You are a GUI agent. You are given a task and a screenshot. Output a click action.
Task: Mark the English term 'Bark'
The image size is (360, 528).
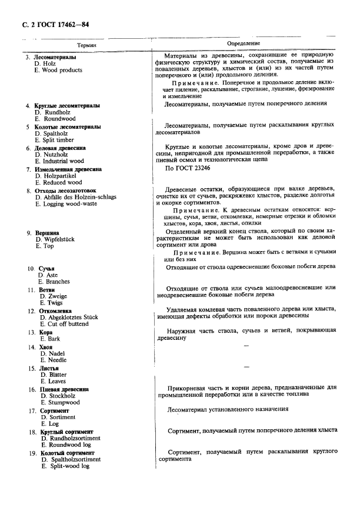[51, 339]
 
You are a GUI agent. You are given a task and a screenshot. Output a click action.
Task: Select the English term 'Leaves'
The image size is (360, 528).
[54, 381]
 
